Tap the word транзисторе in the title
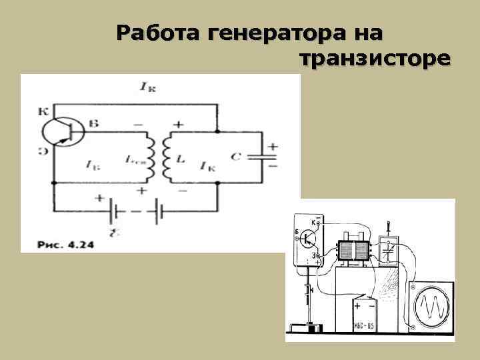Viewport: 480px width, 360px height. tap(375, 60)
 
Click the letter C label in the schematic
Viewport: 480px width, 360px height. tap(235, 156)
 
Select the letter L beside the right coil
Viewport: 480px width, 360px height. tap(181, 158)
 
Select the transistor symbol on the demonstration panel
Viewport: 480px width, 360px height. tap(309, 237)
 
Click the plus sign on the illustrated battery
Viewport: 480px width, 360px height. tap(358, 306)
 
